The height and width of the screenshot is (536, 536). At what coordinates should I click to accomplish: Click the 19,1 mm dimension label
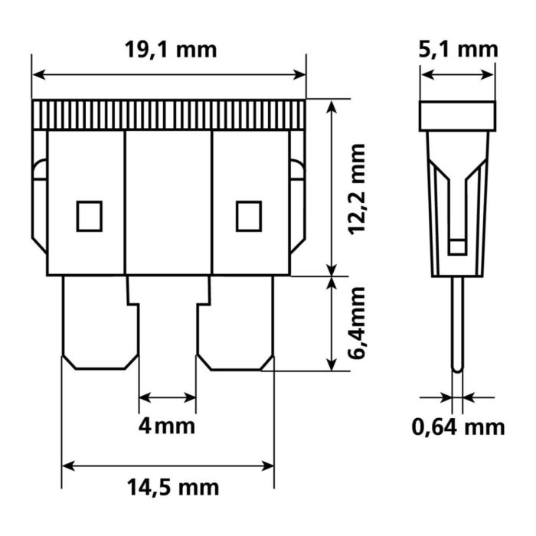point(169,50)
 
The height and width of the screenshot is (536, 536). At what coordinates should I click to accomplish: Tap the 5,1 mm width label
point(458,50)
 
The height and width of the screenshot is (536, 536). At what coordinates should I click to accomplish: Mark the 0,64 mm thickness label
point(458,426)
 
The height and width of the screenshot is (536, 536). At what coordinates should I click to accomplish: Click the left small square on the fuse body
point(90,215)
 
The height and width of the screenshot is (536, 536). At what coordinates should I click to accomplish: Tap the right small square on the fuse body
point(248,215)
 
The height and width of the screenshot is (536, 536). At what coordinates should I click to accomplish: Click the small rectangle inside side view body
point(457,246)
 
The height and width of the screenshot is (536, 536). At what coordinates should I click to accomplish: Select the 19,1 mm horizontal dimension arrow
point(169,74)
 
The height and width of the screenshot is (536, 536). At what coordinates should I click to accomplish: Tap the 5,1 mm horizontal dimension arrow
point(458,74)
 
